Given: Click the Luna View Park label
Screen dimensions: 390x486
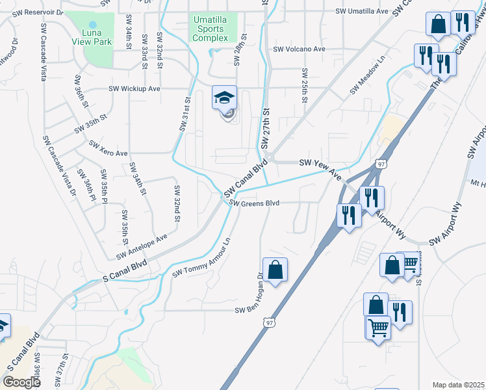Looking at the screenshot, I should (92, 36).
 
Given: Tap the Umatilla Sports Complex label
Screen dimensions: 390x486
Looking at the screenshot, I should (211, 29).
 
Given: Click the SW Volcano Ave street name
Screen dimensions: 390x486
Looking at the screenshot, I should (299, 49).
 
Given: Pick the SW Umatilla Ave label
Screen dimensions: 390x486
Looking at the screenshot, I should (361, 11).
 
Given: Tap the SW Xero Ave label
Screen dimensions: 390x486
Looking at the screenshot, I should (109, 149).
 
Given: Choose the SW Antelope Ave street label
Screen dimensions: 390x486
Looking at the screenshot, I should (142, 246).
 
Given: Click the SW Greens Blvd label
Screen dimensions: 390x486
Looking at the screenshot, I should (255, 203).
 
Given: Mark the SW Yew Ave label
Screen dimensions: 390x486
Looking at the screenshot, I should (320, 169).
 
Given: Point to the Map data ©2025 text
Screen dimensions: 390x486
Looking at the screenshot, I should (458, 385).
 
